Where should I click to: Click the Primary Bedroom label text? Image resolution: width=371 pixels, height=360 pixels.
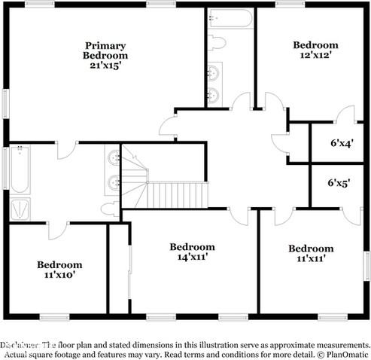105,50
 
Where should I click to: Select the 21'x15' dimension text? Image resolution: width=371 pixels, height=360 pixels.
105,66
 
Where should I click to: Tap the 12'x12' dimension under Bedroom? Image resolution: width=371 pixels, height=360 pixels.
315,55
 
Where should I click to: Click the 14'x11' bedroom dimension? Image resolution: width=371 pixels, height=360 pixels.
192,257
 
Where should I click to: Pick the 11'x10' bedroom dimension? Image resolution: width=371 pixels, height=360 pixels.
59,275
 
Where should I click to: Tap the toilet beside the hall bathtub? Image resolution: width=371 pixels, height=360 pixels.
217,41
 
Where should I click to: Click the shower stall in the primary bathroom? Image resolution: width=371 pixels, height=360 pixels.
20,208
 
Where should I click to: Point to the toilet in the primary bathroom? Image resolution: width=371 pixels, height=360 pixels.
110,209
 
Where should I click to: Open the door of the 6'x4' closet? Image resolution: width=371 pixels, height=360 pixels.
345,115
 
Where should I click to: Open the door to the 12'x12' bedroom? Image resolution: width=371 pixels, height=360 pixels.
272,102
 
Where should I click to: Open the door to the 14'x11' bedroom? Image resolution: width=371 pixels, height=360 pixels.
239,215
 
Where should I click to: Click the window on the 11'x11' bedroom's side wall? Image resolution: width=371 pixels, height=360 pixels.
367,264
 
